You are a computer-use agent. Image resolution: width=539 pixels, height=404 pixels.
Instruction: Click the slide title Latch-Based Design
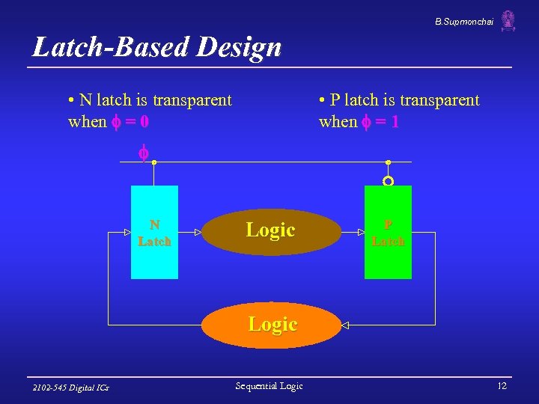pyautogui.click(x=157, y=48)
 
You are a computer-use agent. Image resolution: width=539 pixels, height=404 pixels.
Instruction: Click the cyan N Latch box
pyautogui.click(x=154, y=232)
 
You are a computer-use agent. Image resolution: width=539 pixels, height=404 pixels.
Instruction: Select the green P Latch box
pyautogui.click(x=388, y=232)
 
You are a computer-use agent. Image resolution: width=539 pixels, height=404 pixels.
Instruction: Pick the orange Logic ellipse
pyautogui.click(x=272, y=325)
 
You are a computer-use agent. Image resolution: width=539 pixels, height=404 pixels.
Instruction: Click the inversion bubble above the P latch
pyautogui.click(x=388, y=181)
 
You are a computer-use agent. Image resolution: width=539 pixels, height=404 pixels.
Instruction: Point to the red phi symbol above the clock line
pyautogui.click(x=142, y=153)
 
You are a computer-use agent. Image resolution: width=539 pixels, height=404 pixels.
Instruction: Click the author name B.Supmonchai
pyautogui.click(x=464, y=23)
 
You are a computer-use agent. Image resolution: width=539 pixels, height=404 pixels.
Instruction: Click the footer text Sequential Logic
pyautogui.click(x=269, y=386)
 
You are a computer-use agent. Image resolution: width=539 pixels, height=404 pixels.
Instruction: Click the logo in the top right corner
pyautogui.click(x=508, y=21)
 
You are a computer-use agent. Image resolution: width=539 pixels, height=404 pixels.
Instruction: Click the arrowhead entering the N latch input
pyautogui.click(x=128, y=233)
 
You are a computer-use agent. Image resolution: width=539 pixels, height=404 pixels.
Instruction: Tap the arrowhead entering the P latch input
pyautogui.click(x=361, y=233)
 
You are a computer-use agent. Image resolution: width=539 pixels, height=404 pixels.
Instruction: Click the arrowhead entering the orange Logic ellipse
pyautogui.click(x=344, y=325)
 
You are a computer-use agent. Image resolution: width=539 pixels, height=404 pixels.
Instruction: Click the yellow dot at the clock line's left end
pyautogui.click(x=153, y=162)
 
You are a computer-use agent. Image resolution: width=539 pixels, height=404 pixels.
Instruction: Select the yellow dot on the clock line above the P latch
pyautogui.click(x=388, y=162)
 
